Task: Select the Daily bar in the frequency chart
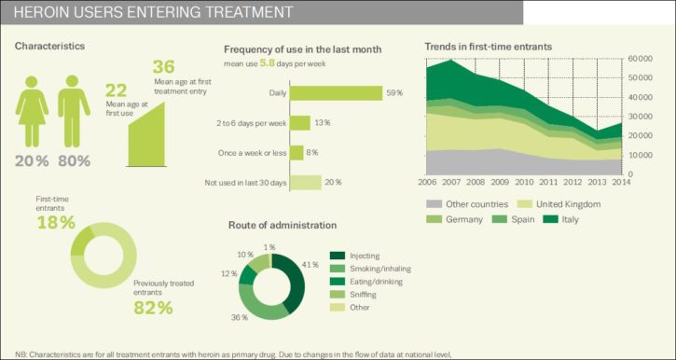click(336, 93)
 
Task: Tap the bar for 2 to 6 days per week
click(300, 123)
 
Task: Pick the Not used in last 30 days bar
click(305, 183)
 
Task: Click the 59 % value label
click(394, 93)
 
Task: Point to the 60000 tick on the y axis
click(639, 58)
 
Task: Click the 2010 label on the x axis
click(524, 183)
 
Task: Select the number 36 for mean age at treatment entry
click(163, 67)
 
